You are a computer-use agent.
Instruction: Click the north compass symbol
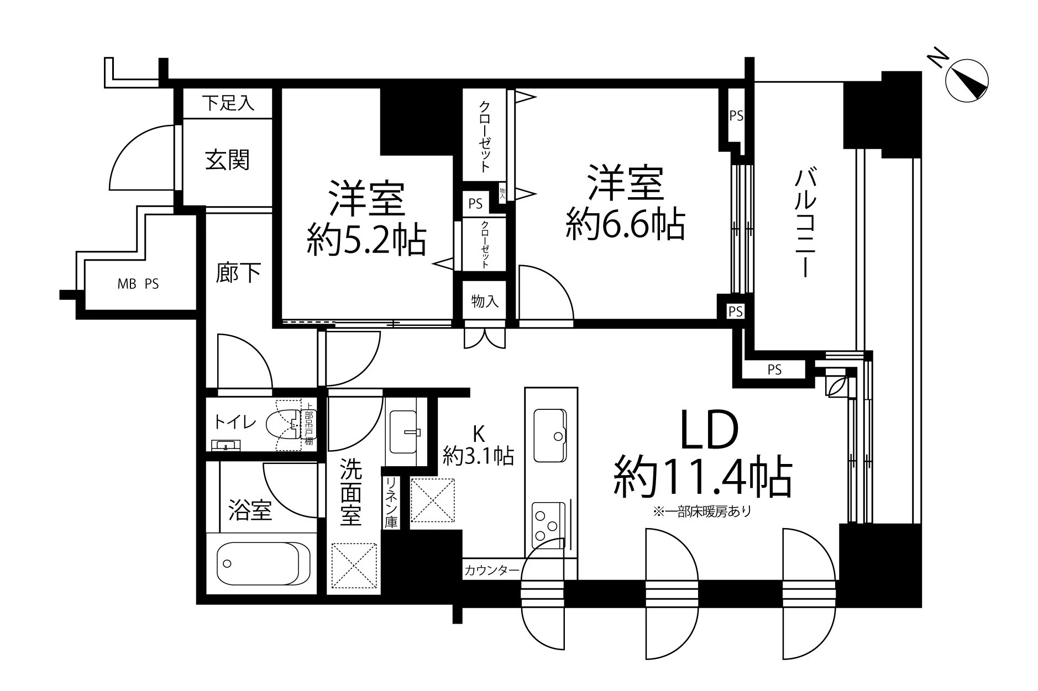967,81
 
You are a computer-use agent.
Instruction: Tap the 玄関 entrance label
228,160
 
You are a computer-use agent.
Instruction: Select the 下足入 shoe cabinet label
228,103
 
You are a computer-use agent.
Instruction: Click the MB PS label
138,284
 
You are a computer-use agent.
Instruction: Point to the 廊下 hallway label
238,273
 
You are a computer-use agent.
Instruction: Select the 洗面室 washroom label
351,493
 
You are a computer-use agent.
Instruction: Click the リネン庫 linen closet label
391,503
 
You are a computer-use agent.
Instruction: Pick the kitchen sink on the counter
549,435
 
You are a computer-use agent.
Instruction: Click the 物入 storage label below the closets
485,302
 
